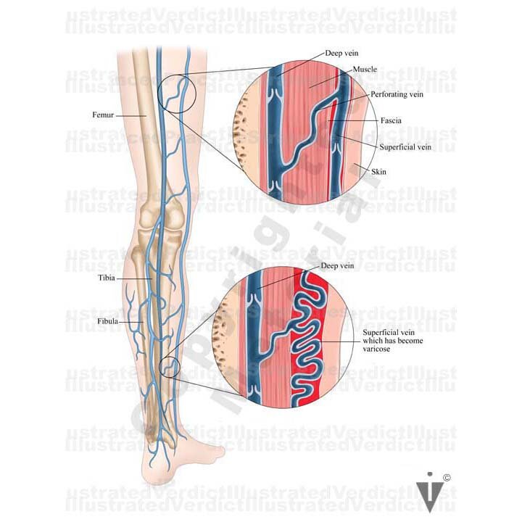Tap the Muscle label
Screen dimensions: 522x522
pyautogui.click(x=365, y=69)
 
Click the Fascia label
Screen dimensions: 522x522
pyautogui.click(x=390, y=121)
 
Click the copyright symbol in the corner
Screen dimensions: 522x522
pyautogui.click(x=447, y=477)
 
